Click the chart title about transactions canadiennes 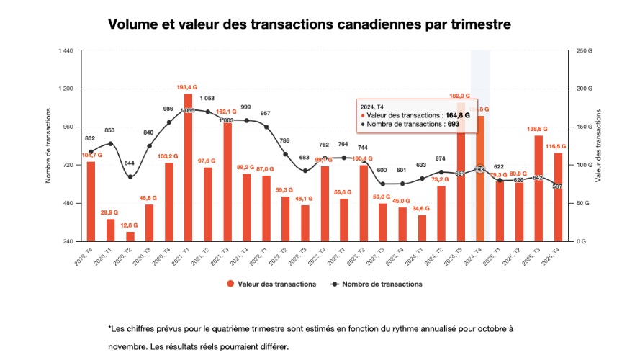[x=310, y=24]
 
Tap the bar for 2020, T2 [x=130, y=236]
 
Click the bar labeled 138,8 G [x=538, y=188]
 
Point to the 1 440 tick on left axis [x=66, y=50]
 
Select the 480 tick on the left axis [x=68, y=203]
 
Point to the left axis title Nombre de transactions [x=48, y=145]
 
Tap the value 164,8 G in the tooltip [x=457, y=114]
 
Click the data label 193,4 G [x=187, y=87]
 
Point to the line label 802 [x=90, y=138]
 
